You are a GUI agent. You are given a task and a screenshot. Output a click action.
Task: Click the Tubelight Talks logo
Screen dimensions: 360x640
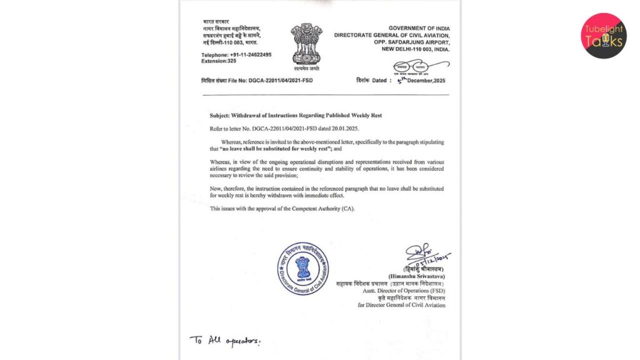point(603,36)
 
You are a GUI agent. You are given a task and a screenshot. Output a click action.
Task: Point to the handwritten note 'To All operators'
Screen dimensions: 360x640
point(224,341)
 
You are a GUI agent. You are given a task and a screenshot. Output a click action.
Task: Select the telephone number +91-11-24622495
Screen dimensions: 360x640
point(250,55)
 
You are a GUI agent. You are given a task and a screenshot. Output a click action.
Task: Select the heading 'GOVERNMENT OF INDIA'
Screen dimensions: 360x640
point(419,29)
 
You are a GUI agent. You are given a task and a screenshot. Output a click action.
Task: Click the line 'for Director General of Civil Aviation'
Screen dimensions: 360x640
point(401,305)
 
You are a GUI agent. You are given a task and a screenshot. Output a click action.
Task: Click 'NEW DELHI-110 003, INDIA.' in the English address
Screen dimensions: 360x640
point(410,49)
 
